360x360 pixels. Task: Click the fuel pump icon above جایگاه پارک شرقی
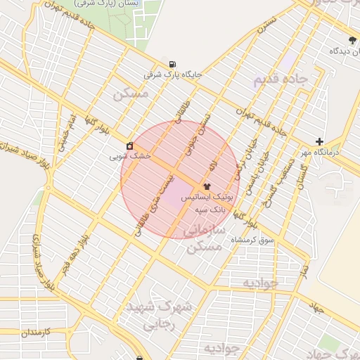tap(173, 63)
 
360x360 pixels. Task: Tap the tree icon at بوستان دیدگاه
tap(352, 39)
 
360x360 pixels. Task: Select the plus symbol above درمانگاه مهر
tap(320, 141)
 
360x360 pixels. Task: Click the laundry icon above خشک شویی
tap(130, 146)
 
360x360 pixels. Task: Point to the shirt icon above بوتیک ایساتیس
tap(205, 186)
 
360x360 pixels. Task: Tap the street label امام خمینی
tap(69, 131)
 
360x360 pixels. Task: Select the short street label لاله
tap(212, 167)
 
